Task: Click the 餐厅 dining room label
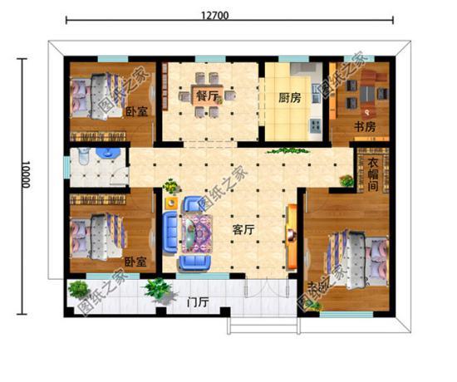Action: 206,95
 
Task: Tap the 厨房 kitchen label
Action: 289,95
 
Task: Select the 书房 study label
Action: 366,127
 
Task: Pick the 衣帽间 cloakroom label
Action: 373,175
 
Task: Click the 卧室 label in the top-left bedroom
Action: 136,112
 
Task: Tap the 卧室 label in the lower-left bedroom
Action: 135,261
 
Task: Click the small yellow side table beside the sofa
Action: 171,202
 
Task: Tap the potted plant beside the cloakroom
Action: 346,179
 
